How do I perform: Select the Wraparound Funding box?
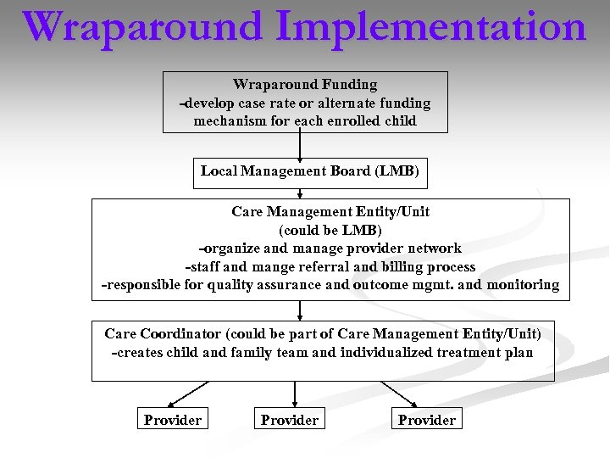coord(305,102)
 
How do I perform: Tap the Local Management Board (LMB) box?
coord(309,171)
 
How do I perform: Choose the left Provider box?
coord(173,420)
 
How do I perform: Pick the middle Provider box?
coord(290,420)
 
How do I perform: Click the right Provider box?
coord(427,420)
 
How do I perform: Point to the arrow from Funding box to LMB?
coord(301,144)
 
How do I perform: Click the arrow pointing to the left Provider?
coord(188,394)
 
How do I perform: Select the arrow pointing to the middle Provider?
coord(294,394)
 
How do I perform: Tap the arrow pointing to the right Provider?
coord(398,394)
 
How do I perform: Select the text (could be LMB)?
coord(330,231)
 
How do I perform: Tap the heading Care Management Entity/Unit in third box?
coord(330,212)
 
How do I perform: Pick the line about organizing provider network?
coord(330,249)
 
